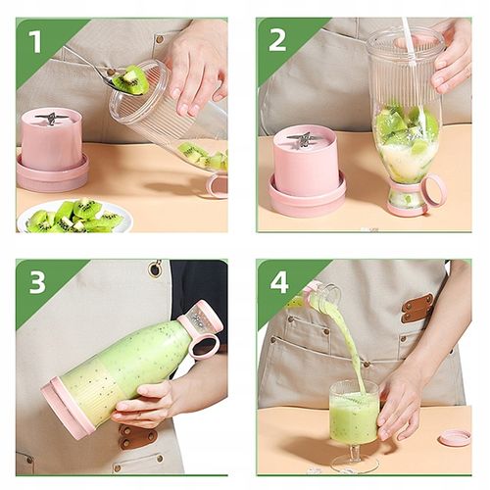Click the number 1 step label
[35, 41]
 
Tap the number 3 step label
[36, 283]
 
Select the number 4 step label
[278, 283]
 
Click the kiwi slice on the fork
[129, 79]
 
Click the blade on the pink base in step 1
[51, 119]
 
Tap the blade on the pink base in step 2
[304, 139]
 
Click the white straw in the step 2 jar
[406, 44]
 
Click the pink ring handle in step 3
[204, 346]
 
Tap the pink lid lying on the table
[454, 437]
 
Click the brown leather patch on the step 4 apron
[416, 309]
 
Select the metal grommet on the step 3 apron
[155, 269]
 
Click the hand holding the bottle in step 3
[147, 402]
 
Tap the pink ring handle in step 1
[217, 185]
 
